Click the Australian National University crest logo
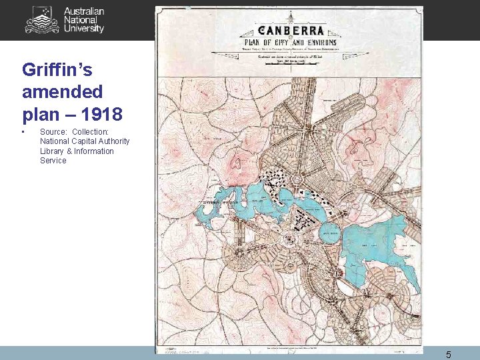tap(42, 20)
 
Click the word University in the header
tap(84, 29)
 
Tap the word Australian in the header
tap(84, 11)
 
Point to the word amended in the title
tap(62, 91)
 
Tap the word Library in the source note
tap(53, 151)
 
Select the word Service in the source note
tap(53, 161)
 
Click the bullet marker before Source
tap(24, 132)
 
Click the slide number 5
tap(448, 355)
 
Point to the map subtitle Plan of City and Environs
tap(289, 43)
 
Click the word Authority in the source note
tap(113, 141)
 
